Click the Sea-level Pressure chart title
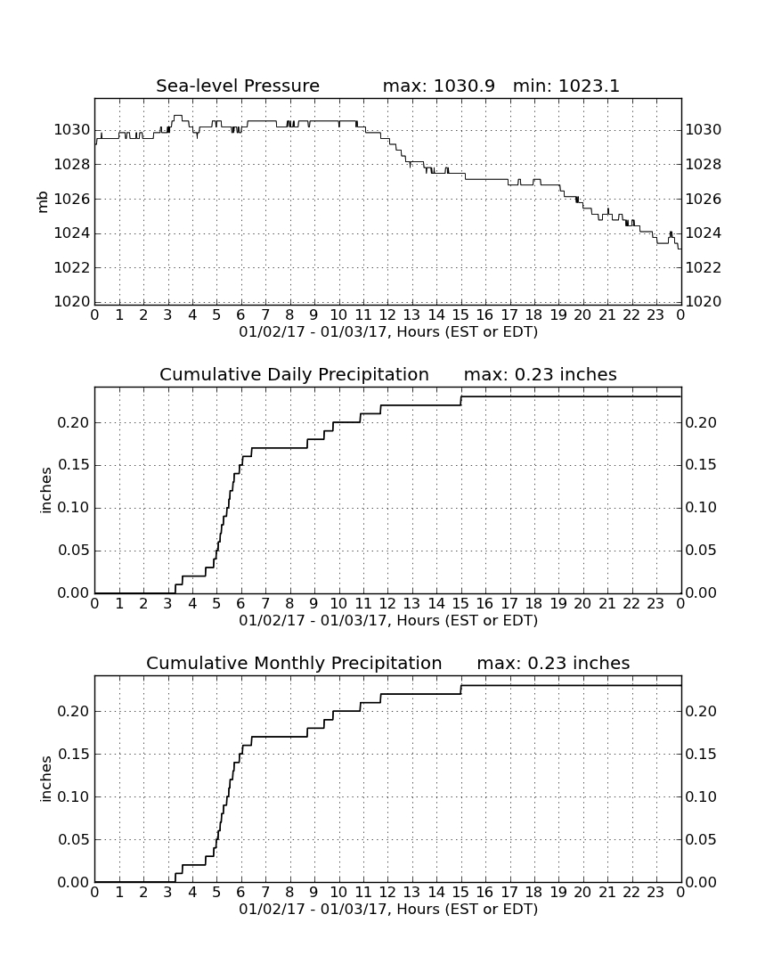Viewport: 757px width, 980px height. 238,86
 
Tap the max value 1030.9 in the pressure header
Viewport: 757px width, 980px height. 464,86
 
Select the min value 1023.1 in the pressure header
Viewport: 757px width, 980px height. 589,86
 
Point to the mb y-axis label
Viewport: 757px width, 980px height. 43,201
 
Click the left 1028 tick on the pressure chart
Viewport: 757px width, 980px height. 72,165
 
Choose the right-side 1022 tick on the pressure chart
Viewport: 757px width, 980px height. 704,267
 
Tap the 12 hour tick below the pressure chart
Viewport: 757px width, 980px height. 387,315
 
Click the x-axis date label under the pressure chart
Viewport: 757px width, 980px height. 388,332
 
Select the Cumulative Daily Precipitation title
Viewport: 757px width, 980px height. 294,374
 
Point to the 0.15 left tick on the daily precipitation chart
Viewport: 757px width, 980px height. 74,465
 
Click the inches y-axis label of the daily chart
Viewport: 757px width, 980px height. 45,491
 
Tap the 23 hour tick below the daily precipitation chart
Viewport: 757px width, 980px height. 655,604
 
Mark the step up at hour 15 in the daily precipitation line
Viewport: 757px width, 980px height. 461,401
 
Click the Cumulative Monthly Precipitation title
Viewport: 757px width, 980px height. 294,663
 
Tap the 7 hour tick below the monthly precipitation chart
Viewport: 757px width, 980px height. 265,893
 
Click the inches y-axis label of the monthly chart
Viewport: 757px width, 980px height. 45,780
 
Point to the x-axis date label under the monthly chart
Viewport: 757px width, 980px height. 388,910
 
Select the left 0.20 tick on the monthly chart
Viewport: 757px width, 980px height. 74,711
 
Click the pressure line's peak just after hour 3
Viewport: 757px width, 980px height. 178,116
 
